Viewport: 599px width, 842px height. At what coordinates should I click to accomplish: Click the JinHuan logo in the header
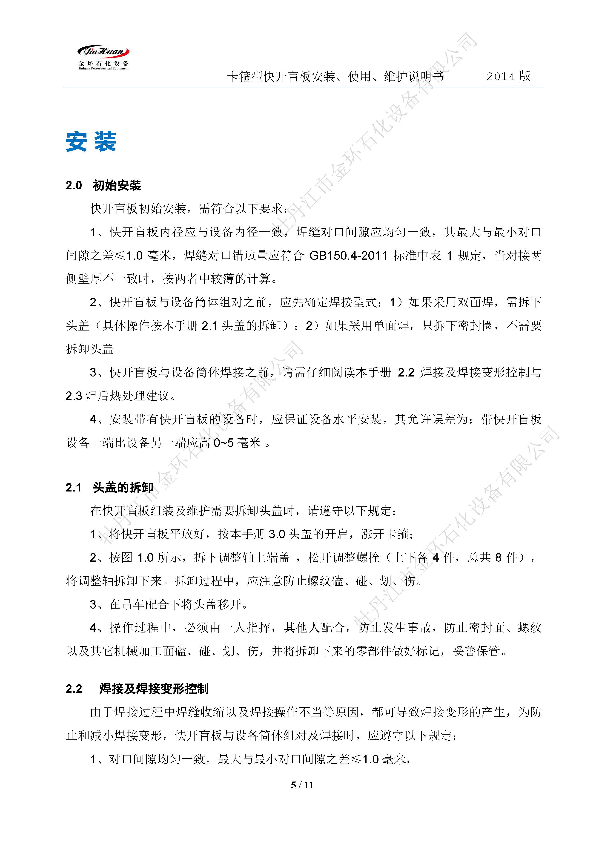(x=103, y=57)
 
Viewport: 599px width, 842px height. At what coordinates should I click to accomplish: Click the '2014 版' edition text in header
(x=508, y=76)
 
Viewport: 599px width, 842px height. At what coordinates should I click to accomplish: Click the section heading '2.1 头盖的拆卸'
(x=109, y=488)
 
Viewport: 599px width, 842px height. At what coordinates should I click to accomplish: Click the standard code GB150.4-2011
(x=348, y=256)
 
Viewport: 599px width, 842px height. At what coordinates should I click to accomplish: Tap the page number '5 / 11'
(x=302, y=785)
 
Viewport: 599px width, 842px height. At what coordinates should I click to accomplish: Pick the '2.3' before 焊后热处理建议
(x=74, y=396)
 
